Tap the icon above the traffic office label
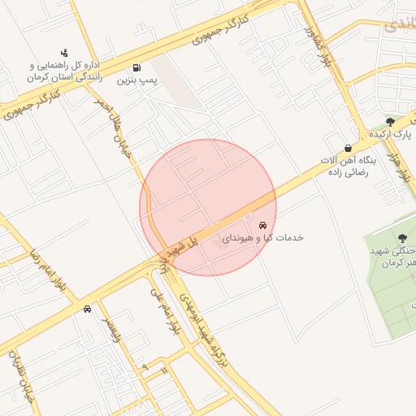pyautogui.click(x=64, y=53)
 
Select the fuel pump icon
pyautogui.click(x=136, y=67)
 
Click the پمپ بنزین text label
pyautogui.click(x=136, y=80)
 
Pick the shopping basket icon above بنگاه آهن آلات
pyautogui.click(x=349, y=148)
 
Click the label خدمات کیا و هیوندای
pyautogui.click(x=262, y=237)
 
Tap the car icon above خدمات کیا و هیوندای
pyautogui.click(x=262, y=224)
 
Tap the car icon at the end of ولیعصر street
pyautogui.click(x=87, y=309)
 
